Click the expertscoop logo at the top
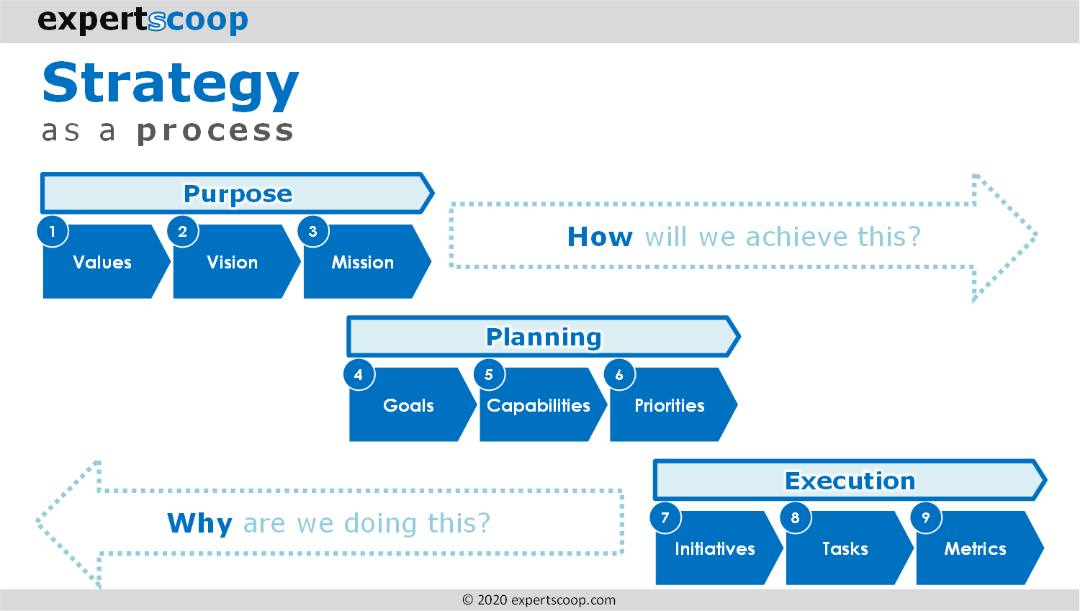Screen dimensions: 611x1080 (x=143, y=20)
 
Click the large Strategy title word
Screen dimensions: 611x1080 (x=170, y=84)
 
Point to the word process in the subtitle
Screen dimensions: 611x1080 (x=215, y=131)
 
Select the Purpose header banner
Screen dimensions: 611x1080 (x=237, y=194)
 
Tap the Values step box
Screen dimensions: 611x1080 (x=103, y=263)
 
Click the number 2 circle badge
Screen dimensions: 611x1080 (x=183, y=232)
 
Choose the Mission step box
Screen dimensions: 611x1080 (x=363, y=263)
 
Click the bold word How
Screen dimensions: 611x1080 (x=600, y=237)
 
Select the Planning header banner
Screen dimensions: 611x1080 (x=543, y=337)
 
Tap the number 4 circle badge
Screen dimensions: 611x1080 (x=359, y=375)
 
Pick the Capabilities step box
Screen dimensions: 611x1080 (x=539, y=406)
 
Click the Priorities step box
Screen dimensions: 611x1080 (x=670, y=406)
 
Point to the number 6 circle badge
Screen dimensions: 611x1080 (x=619, y=375)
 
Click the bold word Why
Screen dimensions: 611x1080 (x=199, y=523)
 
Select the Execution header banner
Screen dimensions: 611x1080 (x=850, y=480)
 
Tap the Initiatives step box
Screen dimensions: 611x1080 (x=715, y=549)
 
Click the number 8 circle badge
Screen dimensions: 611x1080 (x=796, y=518)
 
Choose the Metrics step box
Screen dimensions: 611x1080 (x=976, y=549)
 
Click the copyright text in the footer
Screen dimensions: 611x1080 (x=539, y=600)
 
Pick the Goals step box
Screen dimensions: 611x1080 (x=408, y=406)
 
